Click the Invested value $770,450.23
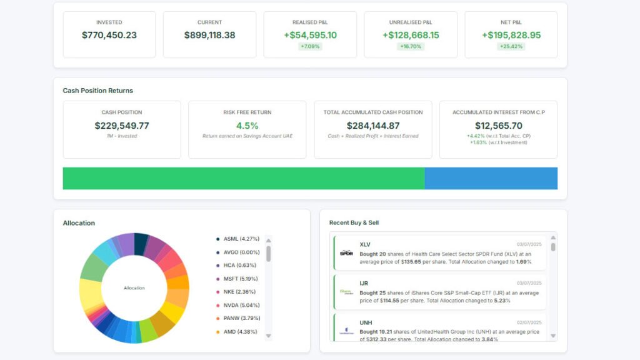pyautogui.click(x=109, y=35)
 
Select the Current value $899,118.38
pyautogui.click(x=209, y=35)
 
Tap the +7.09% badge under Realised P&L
pyautogui.click(x=310, y=46)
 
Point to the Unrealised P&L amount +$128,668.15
pyautogui.click(x=411, y=35)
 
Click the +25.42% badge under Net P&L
pyautogui.click(x=511, y=46)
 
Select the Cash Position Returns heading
pyautogui.click(x=97, y=91)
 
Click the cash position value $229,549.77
pyautogui.click(x=122, y=126)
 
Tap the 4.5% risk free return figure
pyautogui.click(x=247, y=126)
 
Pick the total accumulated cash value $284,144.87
pyautogui.click(x=372, y=126)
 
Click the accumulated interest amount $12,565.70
pyautogui.click(x=498, y=126)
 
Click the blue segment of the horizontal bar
pyautogui.click(x=491, y=178)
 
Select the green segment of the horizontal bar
pyautogui.click(x=244, y=178)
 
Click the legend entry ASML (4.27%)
pyautogui.click(x=241, y=239)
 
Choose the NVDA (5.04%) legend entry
pyautogui.click(x=241, y=305)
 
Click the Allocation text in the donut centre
pyautogui.click(x=134, y=288)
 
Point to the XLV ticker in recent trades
pyautogui.click(x=366, y=244)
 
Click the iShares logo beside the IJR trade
pyautogui.click(x=346, y=292)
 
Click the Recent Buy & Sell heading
pyautogui.click(x=354, y=222)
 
